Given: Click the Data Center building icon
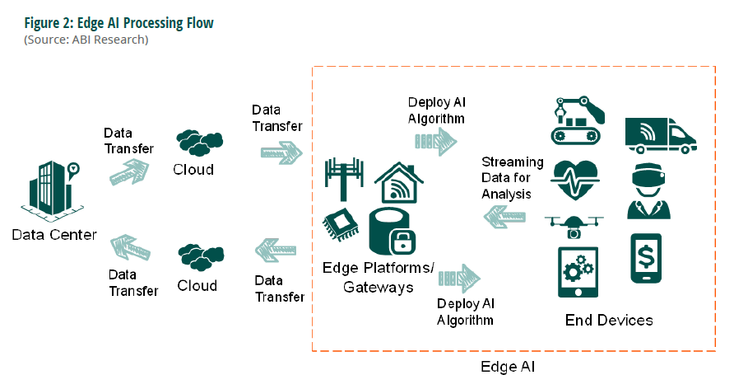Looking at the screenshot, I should tap(51, 190).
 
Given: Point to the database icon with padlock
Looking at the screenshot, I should tap(393, 232).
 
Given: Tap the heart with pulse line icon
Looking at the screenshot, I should tap(575, 179).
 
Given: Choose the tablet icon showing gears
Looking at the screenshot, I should tap(578, 272).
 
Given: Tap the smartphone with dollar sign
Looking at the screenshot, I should tap(648, 260).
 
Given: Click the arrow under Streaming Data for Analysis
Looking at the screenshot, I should tap(505, 217).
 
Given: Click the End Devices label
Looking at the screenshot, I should tap(609, 320).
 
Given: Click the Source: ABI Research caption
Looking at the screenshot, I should tap(86, 39).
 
